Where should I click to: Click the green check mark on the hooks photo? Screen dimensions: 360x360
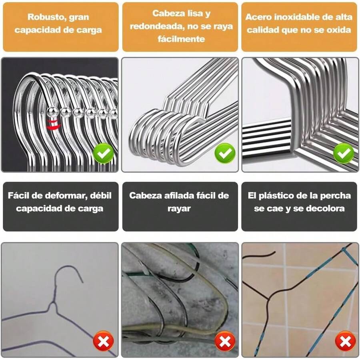104,153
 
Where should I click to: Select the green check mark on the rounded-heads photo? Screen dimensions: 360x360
224,153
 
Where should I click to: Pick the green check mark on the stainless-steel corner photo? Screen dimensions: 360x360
344,153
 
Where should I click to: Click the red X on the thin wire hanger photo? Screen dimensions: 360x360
104,341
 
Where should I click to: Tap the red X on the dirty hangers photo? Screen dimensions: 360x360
224,341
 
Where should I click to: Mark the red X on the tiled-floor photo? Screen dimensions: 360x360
345,341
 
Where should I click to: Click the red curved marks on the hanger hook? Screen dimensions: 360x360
51,124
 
